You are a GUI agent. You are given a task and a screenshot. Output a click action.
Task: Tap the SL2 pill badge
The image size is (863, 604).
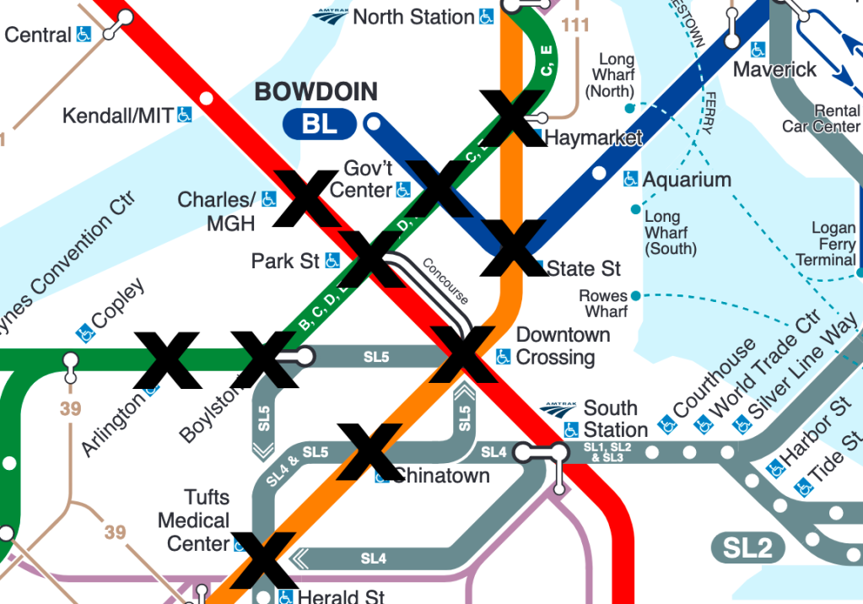747,548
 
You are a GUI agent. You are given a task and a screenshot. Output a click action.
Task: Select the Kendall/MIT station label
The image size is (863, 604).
118,115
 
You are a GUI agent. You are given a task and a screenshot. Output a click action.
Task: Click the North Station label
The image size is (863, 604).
413,17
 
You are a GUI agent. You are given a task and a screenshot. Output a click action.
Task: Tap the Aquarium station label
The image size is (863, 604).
687,180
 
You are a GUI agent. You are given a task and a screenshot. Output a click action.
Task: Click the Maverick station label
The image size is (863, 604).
774,69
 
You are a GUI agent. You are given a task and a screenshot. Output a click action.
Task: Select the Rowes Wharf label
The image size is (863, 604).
604,304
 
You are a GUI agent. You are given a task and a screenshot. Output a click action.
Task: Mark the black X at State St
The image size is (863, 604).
513,248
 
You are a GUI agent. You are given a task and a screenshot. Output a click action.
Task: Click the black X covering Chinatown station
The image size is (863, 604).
369,451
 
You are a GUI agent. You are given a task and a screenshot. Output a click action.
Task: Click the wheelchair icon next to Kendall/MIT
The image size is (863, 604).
184,114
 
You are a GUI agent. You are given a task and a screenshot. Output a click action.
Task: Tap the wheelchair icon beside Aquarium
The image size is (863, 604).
630,179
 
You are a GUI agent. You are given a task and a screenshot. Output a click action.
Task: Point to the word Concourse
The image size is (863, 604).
445,280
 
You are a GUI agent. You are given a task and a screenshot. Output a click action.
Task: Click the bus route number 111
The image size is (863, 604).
575,26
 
